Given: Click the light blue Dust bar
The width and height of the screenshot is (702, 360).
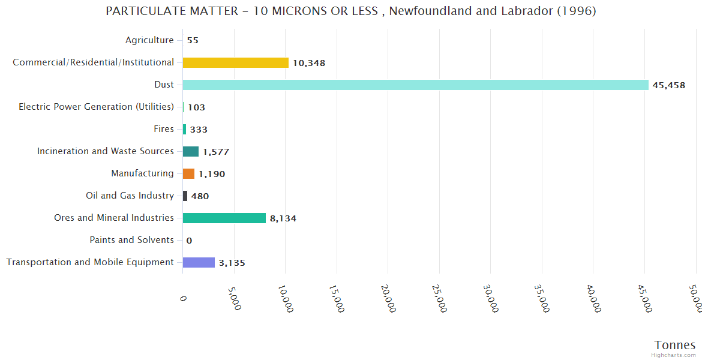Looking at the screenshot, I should click(x=415, y=85).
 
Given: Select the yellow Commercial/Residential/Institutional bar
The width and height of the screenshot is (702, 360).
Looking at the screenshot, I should click(x=235, y=62).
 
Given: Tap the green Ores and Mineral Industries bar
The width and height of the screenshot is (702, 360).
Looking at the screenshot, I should click(x=224, y=218).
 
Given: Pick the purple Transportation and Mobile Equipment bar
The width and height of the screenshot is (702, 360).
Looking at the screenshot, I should click(x=199, y=262).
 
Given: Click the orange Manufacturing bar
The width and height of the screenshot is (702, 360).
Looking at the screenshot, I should click(x=188, y=173).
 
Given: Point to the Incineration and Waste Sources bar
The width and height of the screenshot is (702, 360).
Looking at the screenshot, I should click(x=191, y=151).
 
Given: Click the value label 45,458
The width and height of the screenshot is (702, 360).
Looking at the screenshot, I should click(x=668, y=85).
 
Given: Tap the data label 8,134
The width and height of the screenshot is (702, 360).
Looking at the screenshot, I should click(x=283, y=218).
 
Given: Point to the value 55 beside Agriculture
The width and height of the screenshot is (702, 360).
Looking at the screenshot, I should click(x=193, y=41).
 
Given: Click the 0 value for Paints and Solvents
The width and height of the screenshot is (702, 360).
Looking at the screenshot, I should click(x=189, y=241).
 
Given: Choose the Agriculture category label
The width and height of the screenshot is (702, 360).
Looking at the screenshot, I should click(x=149, y=40).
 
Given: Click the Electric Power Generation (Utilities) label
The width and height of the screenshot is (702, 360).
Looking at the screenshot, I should click(x=96, y=107).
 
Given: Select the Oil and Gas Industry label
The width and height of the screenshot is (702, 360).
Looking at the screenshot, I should click(x=130, y=196).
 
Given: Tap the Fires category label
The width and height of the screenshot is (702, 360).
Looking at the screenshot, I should click(x=164, y=129).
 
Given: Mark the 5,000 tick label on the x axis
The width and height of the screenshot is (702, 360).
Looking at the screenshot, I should click(x=235, y=298).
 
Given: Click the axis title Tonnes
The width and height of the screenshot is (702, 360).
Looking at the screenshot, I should click(x=674, y=345).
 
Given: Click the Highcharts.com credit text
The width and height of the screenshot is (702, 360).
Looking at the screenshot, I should click(x=674, y=355).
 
